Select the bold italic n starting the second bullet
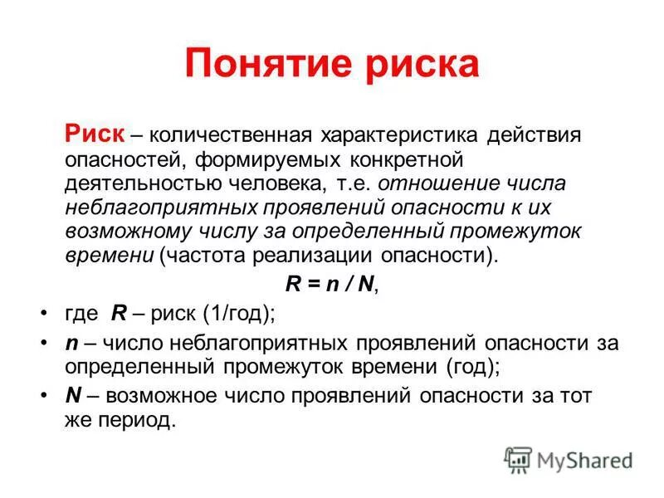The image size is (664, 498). click(x=71, y=344)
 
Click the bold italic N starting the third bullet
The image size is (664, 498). click(x=72, y=396)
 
